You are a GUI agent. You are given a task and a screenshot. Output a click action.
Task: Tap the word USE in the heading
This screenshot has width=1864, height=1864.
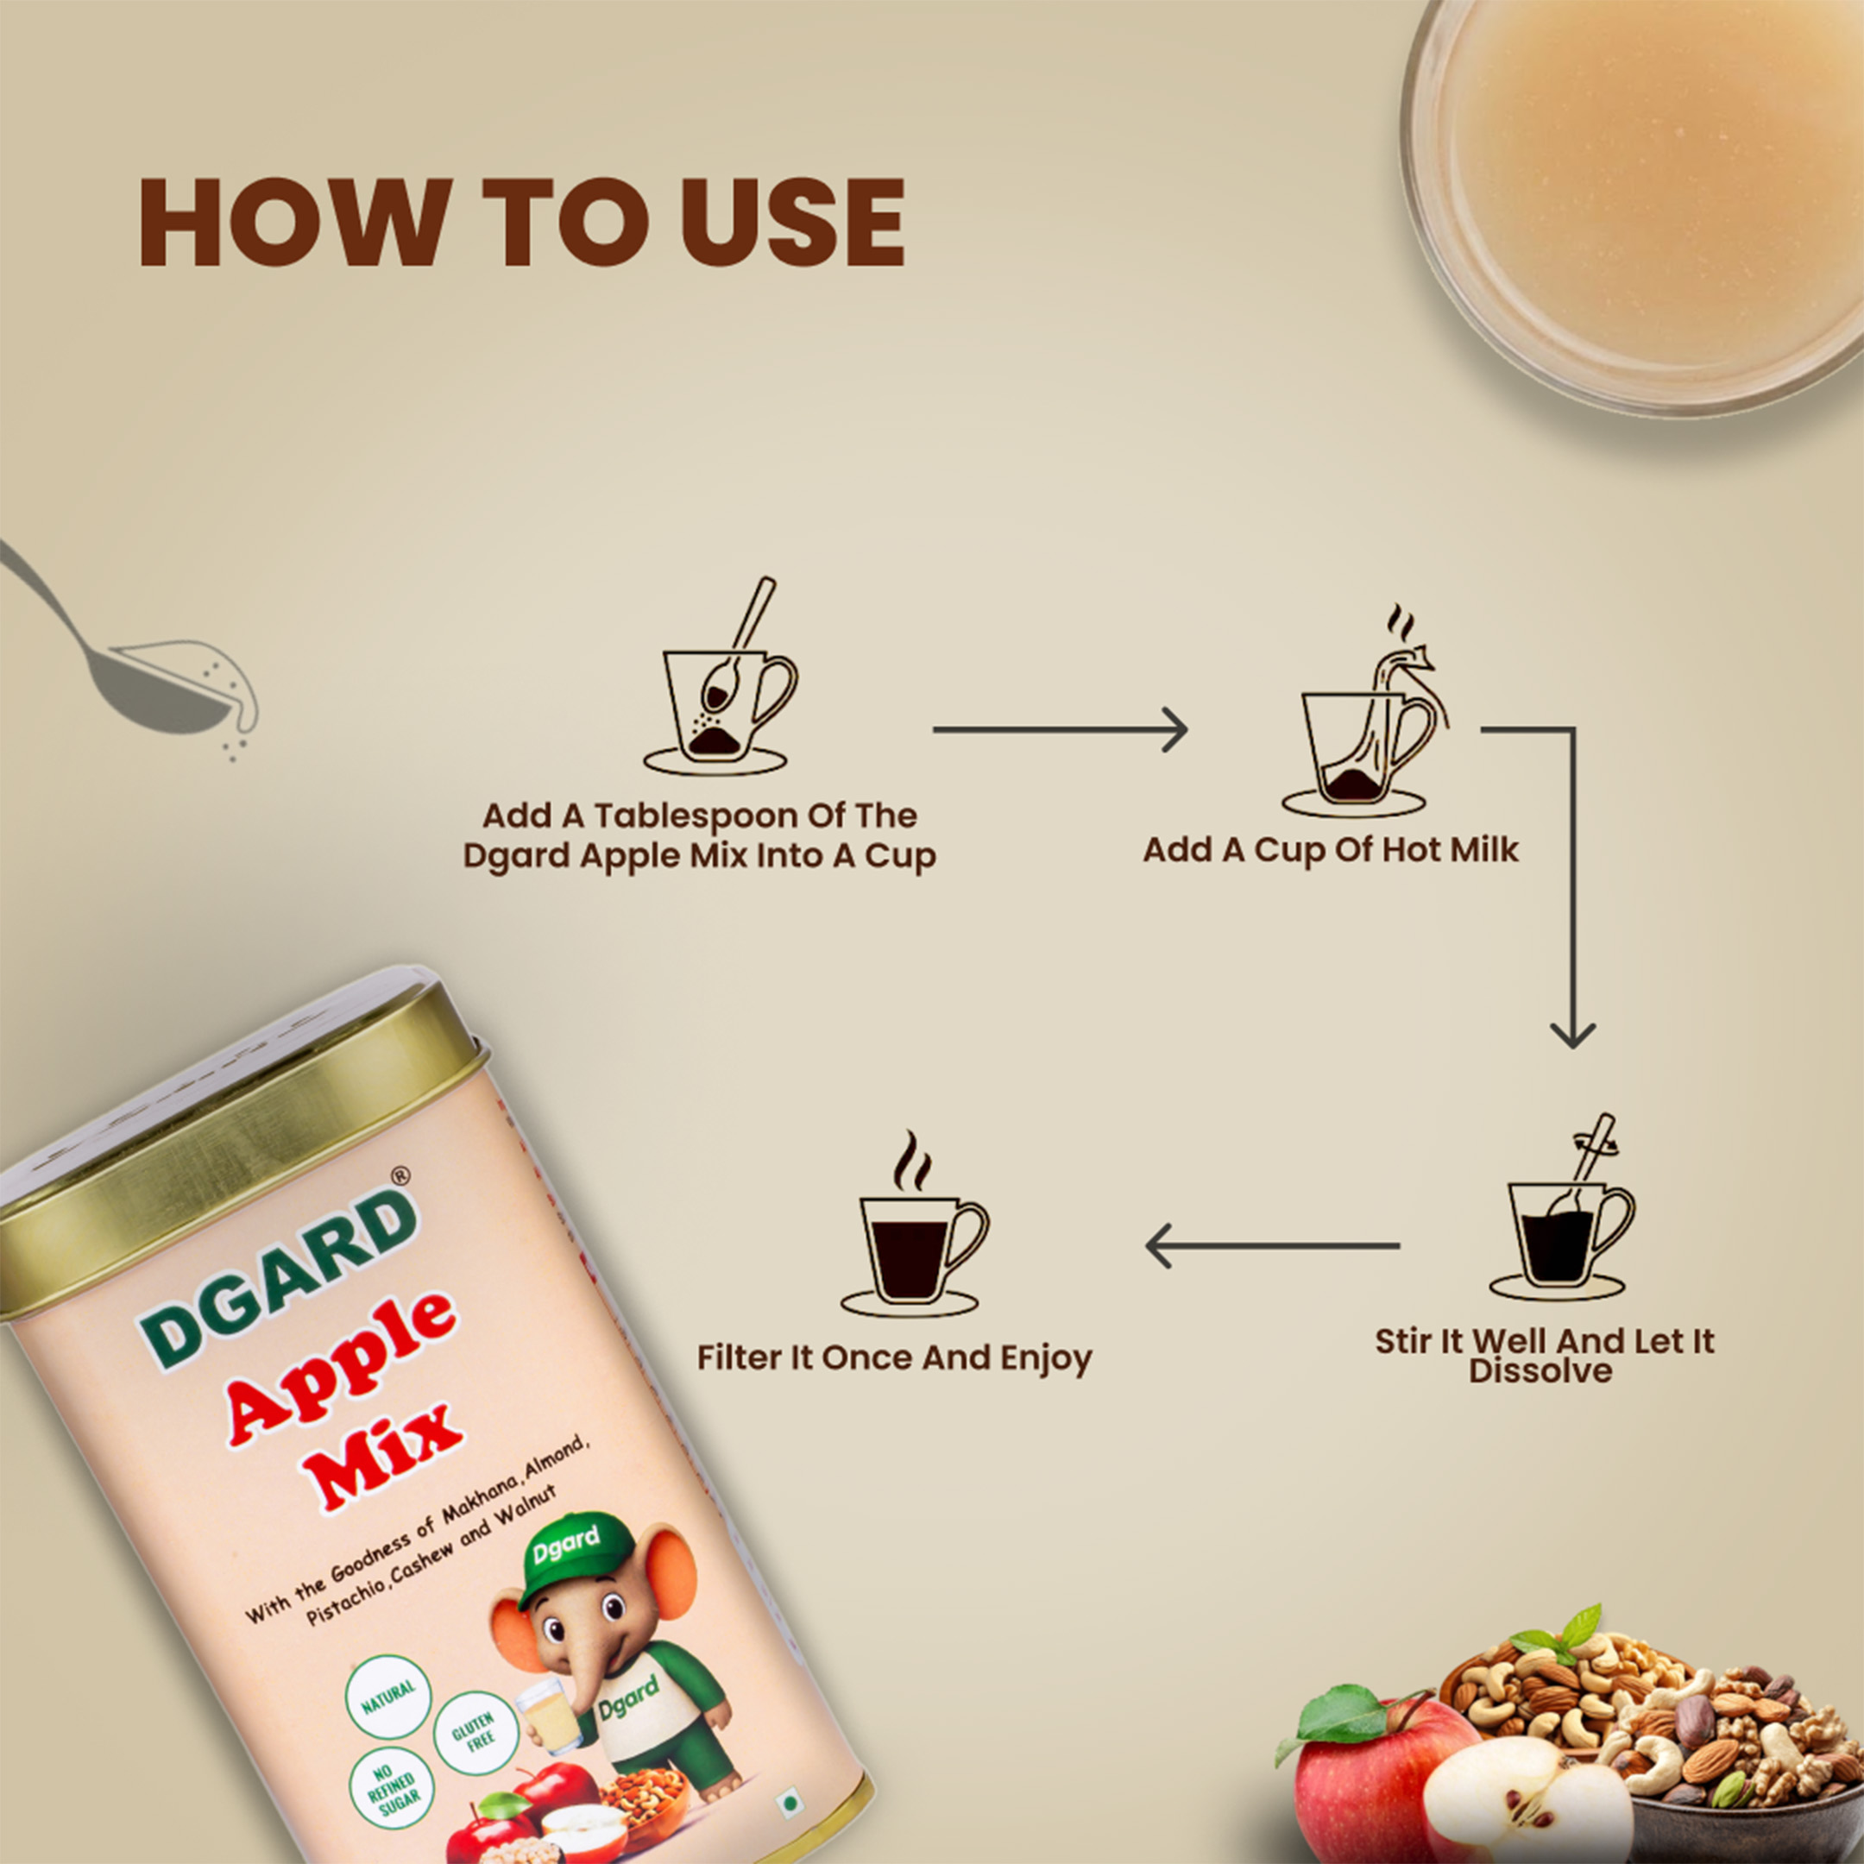pos(794,223)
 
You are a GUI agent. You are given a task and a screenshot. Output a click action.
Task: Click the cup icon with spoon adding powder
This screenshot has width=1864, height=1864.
pos(720,677)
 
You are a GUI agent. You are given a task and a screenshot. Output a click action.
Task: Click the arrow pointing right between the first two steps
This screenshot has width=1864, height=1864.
pos(1060,729)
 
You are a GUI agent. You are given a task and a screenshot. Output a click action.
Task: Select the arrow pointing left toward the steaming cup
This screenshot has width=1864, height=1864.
pos(1273,1245)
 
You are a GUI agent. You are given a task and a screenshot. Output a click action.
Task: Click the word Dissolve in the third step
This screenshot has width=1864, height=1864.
pos(1540,1370)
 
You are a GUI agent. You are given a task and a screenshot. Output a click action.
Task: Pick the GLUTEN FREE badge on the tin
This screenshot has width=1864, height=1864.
pos(474,1732)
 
